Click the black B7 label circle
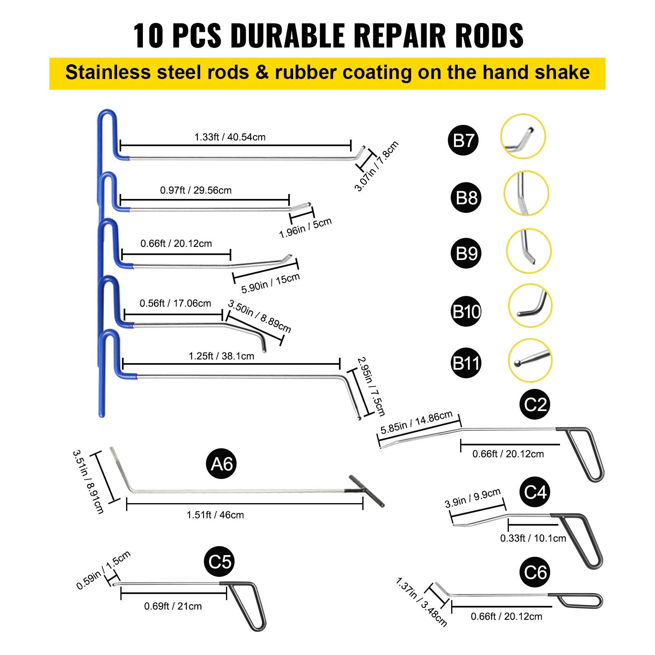coord(463,140)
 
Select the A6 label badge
coord(221,464)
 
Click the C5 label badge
coord(220,561)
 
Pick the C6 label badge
coord(535,572)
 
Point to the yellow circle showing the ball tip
coord(530,360)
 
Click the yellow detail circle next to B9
coord(529,251)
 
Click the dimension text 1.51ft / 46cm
coord(215,515)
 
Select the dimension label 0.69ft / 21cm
coord(173,606)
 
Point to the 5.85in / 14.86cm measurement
coord(416,422)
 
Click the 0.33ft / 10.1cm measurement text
coord(533,538)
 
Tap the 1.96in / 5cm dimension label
coord(305,228)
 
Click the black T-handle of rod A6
coord(366,490)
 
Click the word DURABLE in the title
coord(288,36)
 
